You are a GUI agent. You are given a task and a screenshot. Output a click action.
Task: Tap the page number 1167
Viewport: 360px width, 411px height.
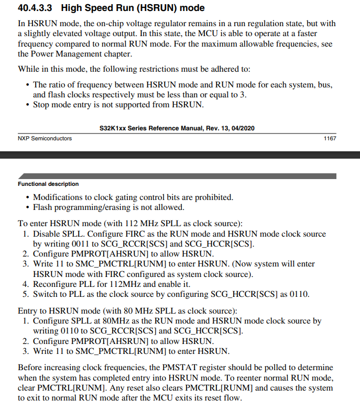click(x=329, y=138)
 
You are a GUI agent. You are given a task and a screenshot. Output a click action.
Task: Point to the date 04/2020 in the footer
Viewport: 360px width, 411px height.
click(x=243, y=128)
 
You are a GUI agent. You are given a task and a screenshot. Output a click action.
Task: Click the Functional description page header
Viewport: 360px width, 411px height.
click(x=48, y=184)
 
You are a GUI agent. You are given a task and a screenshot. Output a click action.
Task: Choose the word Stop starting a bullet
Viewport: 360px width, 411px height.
click(x=42, y=104)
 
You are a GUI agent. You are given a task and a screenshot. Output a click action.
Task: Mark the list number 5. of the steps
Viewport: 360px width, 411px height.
click(x=26, y=294)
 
